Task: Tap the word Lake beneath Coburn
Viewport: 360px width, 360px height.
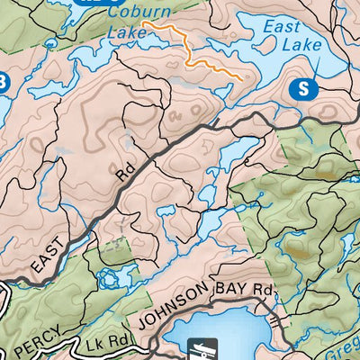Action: [119, 32]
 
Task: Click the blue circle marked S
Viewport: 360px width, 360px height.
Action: [307, 88]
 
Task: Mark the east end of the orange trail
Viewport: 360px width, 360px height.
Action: [241, 78]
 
